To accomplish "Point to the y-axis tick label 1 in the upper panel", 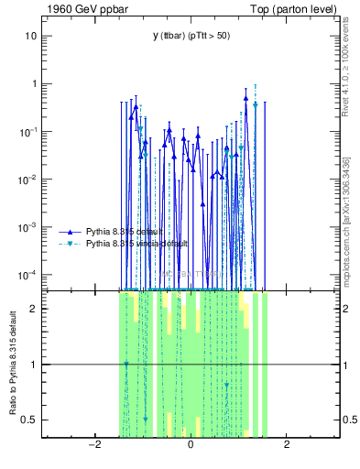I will [x=34, y=83].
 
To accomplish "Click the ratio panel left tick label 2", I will [x=34, y=309].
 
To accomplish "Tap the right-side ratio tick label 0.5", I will [x=348, y=420].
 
